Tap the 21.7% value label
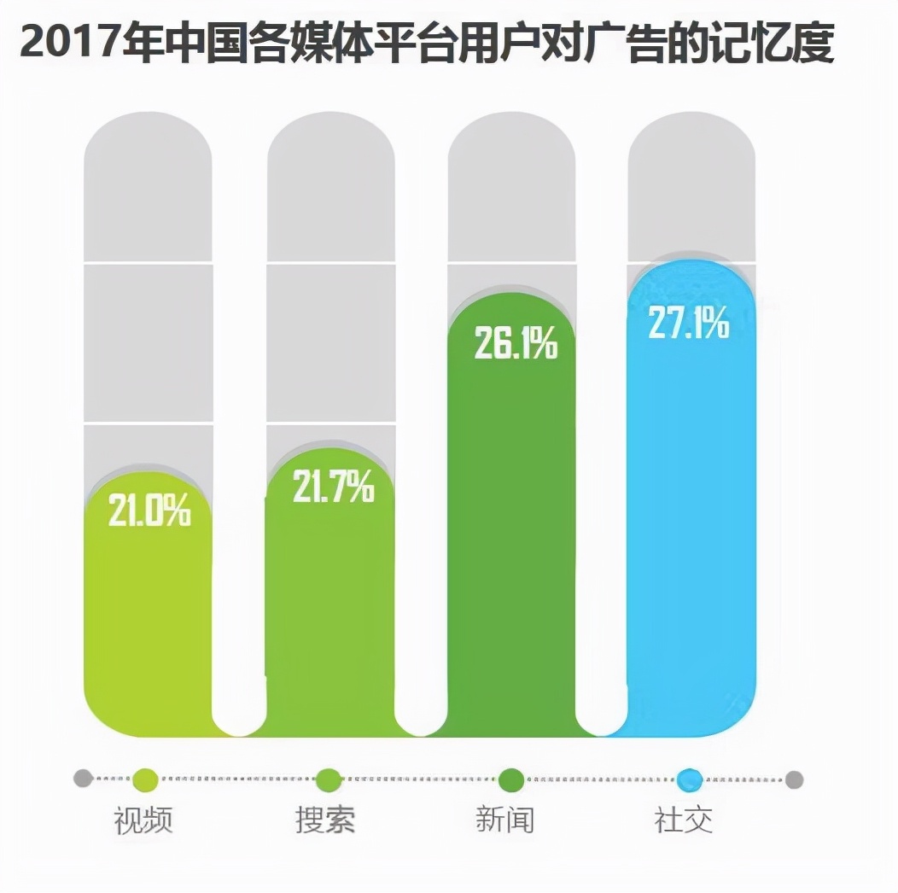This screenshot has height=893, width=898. [333, 487]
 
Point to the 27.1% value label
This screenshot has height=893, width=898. [689, 323]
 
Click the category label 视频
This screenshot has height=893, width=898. [143, 820]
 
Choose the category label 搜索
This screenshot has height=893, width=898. [325, 820]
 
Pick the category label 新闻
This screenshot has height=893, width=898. [504, 820]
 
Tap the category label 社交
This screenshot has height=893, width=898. [683, 820]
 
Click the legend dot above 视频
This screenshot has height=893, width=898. [146, 779]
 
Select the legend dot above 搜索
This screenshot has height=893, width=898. [329, 779]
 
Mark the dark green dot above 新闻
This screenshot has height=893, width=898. [510, 779]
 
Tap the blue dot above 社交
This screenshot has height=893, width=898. [690, 779]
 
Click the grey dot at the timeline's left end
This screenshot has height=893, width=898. [83, 779]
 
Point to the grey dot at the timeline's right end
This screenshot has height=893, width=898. [794, 779]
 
